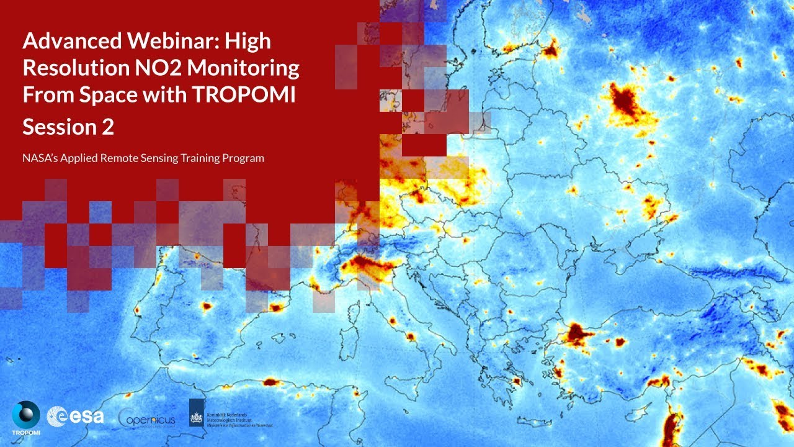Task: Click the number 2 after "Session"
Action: pyautogui.click(x=107, y=127)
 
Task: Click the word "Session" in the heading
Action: pyautogui.click(x=57, y=127)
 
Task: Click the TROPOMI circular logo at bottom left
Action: pyautogui.click(x=25, y=415)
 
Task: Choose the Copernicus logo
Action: pyautogui.click(x=146, y=420)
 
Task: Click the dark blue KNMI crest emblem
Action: pyautogui.click(x=197, y=412)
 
